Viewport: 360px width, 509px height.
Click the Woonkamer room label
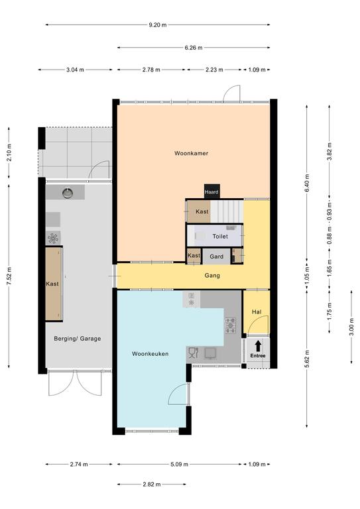pyautogui.click(x=191, y=153)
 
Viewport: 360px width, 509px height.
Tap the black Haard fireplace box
pyautogui.click(x=211, y=191)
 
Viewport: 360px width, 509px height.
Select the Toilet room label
pyautogui.click(x=220, y=237)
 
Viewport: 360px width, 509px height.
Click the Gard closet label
pyautogui.click(x=217, y=256)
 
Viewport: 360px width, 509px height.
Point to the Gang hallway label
pyautogui.click(x=212, y=275)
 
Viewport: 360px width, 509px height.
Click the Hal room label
pyautogui.click(x=257, y=311)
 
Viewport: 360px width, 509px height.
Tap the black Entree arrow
pyautogui.click(x=258, y=346)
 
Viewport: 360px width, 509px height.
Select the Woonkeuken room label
pyautogui.click(x=150, y=354)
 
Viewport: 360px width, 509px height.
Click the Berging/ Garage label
pyautogui.click(x=78, y=339)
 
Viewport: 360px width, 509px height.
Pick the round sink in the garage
pyautogui.click(x=68, y=193)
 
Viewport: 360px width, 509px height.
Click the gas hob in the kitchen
pyautogui.click(x=231, y=325)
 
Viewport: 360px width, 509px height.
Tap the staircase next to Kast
pyautogui.click(x=227, y=211)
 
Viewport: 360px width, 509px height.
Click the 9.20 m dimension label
pyautogui.click(x=158, y=25)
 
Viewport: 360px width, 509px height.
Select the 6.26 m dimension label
pyautogui.click(x=194, y=48)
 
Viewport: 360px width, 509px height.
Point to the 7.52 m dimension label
pyautogui.click(x=9, y=276)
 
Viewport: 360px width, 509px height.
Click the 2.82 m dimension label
pyautogui.click(x=152, y=484)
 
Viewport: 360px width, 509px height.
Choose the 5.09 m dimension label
pyautogui.click(x=179, y=464)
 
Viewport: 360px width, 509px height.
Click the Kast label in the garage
pyautogui.click(x=52, y=284)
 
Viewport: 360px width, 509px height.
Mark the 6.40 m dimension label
pyautogui.click(x=307, y=184)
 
